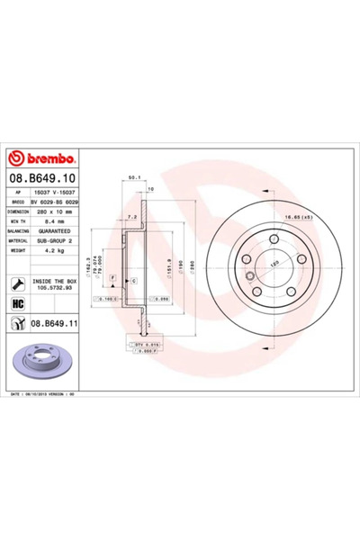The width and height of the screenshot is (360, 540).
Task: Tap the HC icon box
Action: (x=18, y=303)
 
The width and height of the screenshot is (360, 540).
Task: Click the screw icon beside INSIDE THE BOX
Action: (x=18, y=283)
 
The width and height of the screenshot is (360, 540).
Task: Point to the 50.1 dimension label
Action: (x=135, y=178)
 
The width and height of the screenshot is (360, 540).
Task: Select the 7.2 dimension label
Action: (x=131, y=217)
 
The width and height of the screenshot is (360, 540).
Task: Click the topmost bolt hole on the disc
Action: (x=272, y=238)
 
